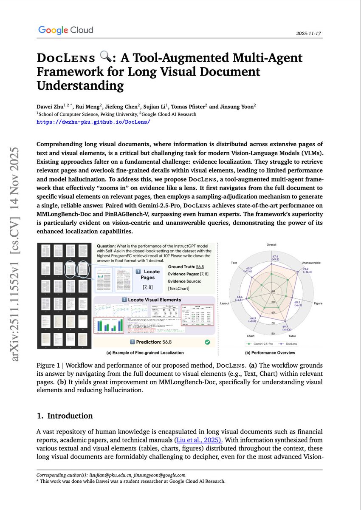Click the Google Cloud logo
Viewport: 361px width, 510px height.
pyautogui.click(x=65, y=30)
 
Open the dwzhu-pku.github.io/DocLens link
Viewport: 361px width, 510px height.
pyautogui.click(x=93, y=122)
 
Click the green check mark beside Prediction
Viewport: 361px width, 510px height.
pyautogui.click(x=206, y=341)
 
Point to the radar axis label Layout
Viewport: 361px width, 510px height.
pyautogui.click(x=225, y=304)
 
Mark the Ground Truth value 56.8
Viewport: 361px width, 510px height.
pyautogui.click(x=200, y=266)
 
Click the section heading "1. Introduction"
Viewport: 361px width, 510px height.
pyautogui.click(x=65, y=416)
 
